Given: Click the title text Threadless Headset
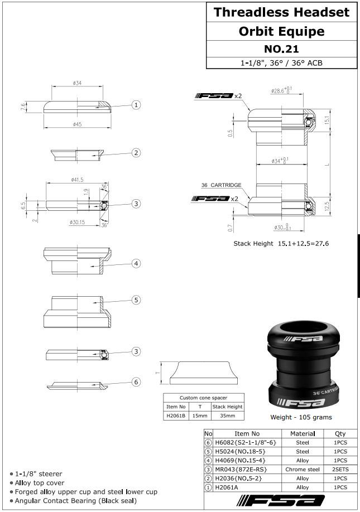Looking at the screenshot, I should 281,12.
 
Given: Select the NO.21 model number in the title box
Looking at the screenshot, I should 281,49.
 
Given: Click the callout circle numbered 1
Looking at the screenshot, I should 136,105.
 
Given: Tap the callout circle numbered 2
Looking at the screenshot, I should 136,153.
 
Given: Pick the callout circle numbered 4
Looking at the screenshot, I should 136,263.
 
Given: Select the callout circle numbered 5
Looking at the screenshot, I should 136,300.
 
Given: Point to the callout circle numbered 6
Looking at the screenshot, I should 136,381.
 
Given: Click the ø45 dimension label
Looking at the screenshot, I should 77,124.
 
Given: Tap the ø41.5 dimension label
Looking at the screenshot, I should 77,180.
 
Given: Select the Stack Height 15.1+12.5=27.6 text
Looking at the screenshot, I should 281,243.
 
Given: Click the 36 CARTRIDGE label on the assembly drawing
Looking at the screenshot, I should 222,185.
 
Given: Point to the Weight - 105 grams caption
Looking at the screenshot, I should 301,417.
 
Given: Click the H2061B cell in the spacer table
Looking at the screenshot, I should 175,416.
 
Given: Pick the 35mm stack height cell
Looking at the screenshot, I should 227,416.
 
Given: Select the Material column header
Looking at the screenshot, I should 303,433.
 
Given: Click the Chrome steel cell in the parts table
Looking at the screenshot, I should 303,470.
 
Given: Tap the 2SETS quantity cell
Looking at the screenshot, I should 340,470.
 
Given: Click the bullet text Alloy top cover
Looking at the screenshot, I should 40,482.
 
